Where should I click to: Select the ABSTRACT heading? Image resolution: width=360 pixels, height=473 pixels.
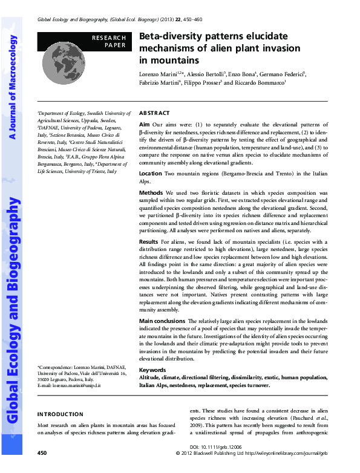pyautogui.click(x=154, y=113)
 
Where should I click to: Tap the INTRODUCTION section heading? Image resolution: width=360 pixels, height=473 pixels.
pyautogui.click(x=61, y=414)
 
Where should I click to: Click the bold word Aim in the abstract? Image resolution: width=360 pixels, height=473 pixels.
pyautogui.click(x=144, y=123)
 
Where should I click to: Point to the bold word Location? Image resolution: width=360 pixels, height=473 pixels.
pyautogui.click(x=150, y=174)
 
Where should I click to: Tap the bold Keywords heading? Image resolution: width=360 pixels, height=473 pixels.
pyautogui.click(x=152, y=370)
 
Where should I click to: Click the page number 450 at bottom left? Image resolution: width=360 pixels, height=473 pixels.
pyautogui.click(x=42, y=452)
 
